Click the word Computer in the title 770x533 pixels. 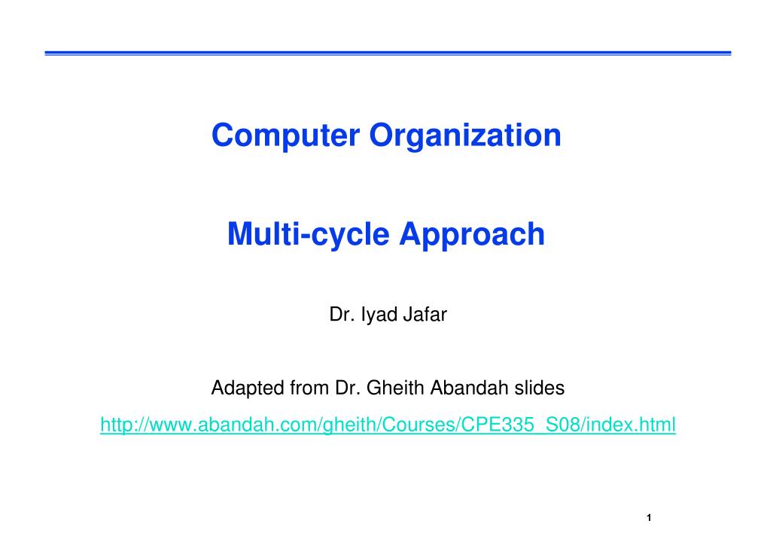[x=285, y=136]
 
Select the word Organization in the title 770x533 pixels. [x=465, y=136]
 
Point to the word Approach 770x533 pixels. [x=472, y=234]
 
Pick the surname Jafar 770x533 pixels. [x=425, y=315]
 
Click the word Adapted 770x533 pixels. [x=248, y=388]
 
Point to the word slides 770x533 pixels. [x=539, y=388]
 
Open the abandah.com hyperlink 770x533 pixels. [x=388, y=425]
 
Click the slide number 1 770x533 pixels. [x=649, y=518]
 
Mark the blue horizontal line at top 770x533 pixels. [x=388, y=53]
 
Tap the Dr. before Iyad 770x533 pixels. [x=342, y=315]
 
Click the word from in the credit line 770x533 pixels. [x=309, y=388]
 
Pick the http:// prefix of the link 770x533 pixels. [x=120, y=425]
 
